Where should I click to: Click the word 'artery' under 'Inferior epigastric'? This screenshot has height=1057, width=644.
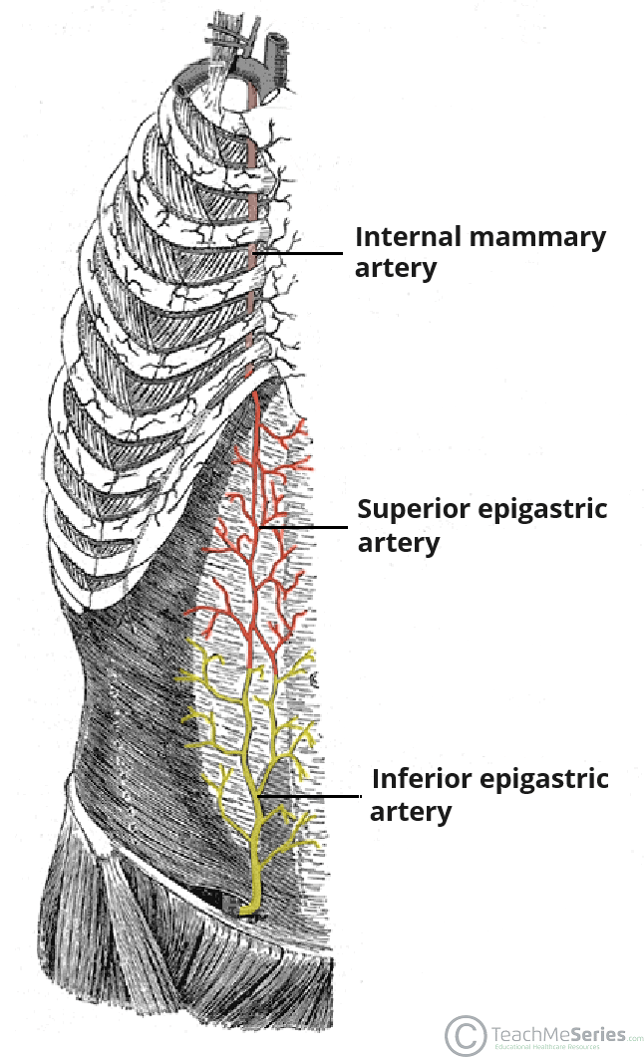410,811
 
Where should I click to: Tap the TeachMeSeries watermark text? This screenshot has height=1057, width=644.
558,1031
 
